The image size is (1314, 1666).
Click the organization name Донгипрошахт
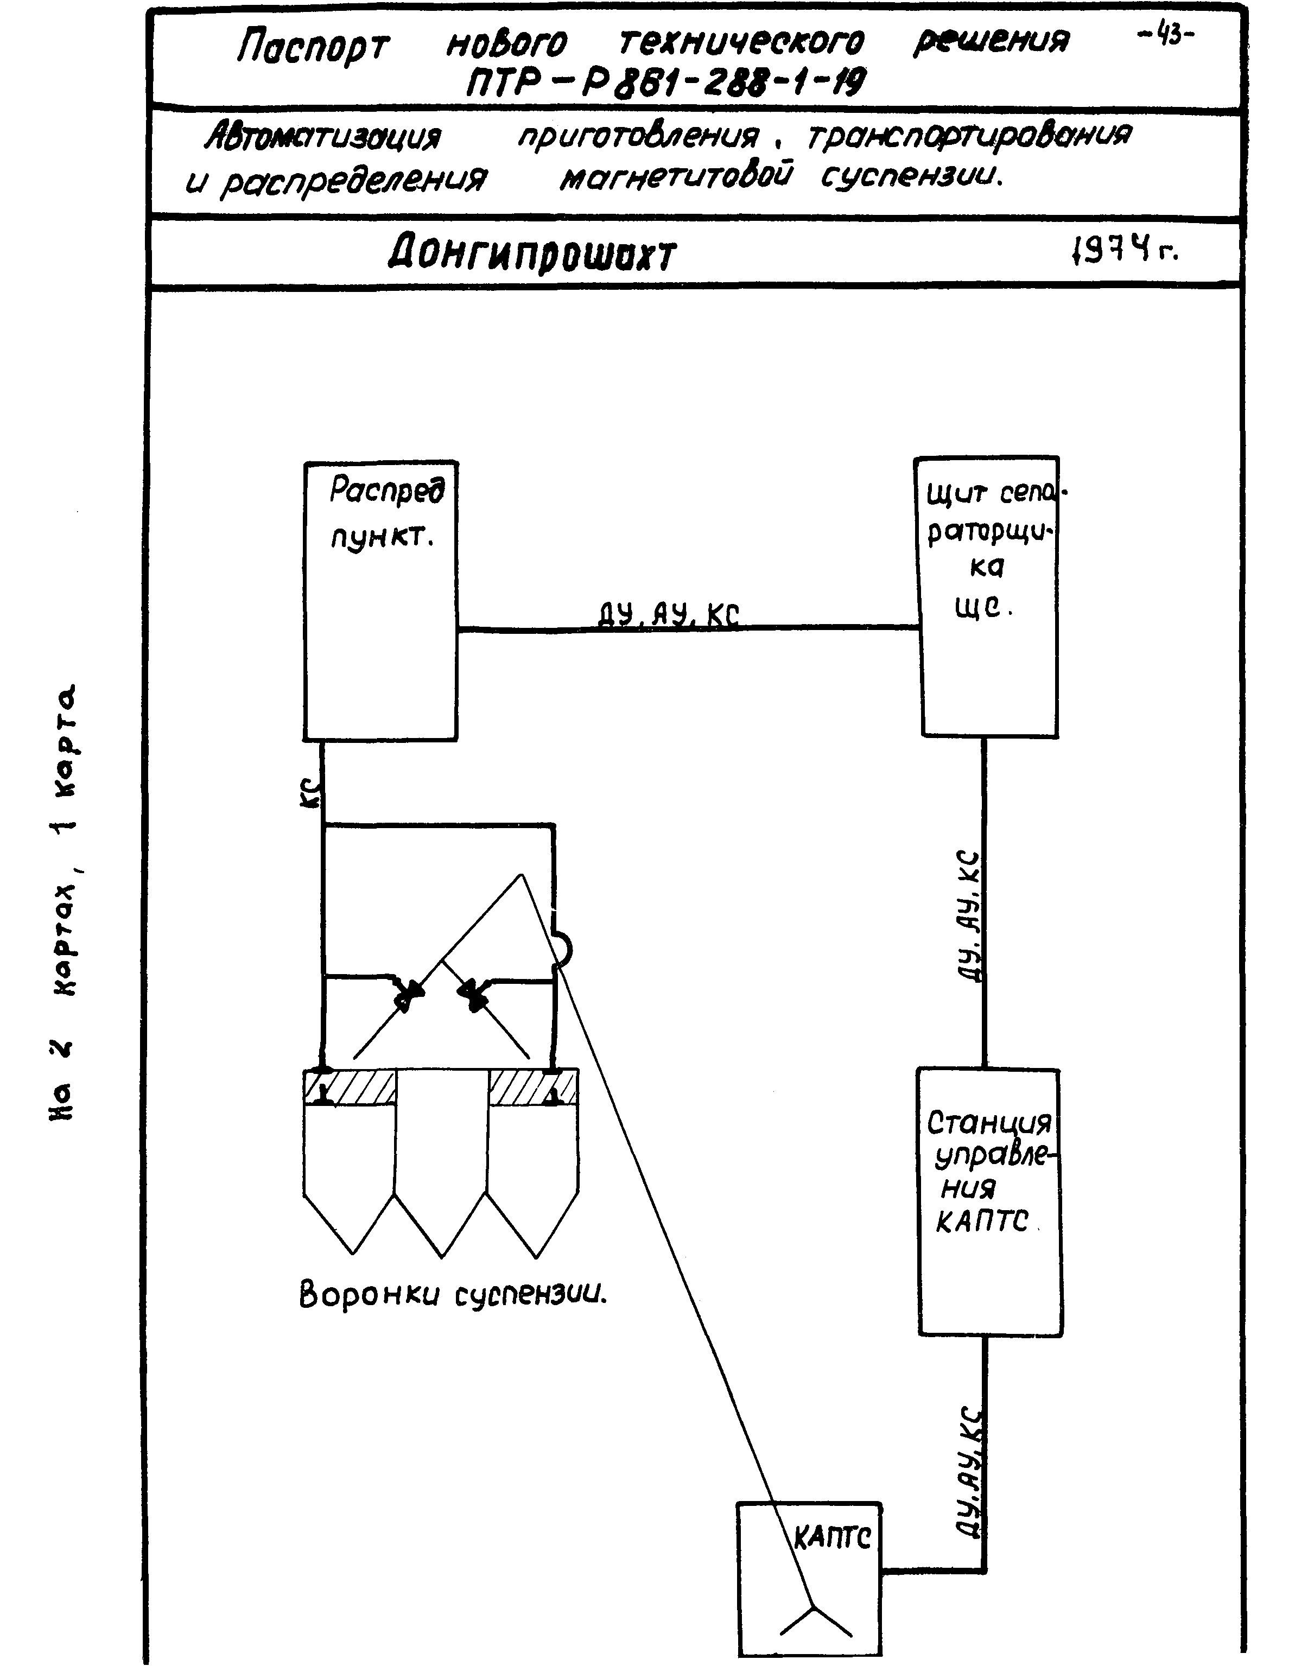click(x=531, y=254)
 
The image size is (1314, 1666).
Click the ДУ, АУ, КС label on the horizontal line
click(x=669, y=615)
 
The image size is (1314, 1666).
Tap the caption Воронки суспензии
click(x=453, y=1294)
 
